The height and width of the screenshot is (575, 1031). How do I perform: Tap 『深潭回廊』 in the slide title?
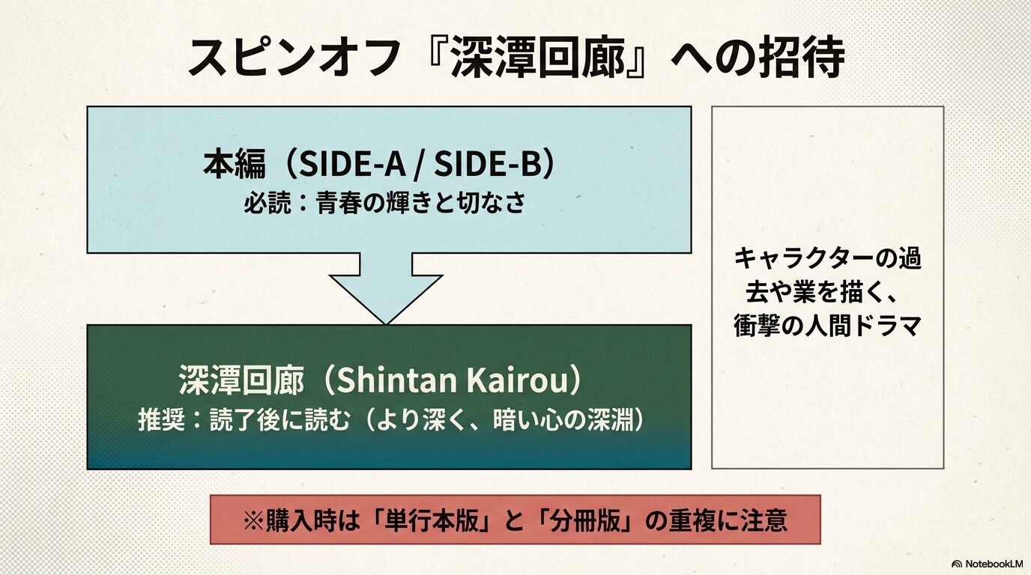(535, 57)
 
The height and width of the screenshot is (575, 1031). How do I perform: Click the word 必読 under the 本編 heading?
(264, 203)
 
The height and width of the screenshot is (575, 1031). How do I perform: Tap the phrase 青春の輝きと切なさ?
(420, 203)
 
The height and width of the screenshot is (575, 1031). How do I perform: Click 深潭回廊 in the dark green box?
(241, 381)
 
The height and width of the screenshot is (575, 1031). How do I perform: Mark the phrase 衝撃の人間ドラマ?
(826, 326)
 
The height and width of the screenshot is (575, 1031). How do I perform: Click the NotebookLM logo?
(986, 563)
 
